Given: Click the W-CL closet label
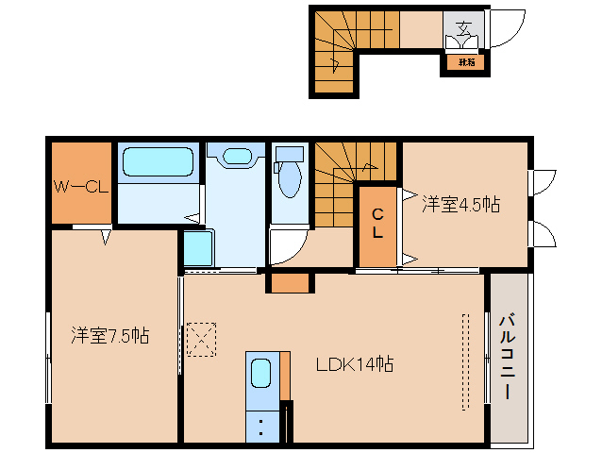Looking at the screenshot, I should pos(81,187).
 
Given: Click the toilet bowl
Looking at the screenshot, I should pos(289,176).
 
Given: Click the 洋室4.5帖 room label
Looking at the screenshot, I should pos(460,204).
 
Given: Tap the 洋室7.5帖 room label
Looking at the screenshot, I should pos(109,335).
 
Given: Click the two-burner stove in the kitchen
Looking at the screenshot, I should pos(261,425).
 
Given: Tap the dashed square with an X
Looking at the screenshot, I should pos(201,339).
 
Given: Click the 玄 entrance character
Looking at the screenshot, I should pos(464,26).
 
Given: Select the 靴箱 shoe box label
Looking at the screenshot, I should pos(466,62).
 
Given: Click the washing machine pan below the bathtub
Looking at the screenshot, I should pos(198,248).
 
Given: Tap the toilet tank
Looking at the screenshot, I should pos(290,153).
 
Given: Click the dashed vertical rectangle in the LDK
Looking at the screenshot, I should pos(464,361).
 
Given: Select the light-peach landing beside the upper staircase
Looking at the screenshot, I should pos(421,29).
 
